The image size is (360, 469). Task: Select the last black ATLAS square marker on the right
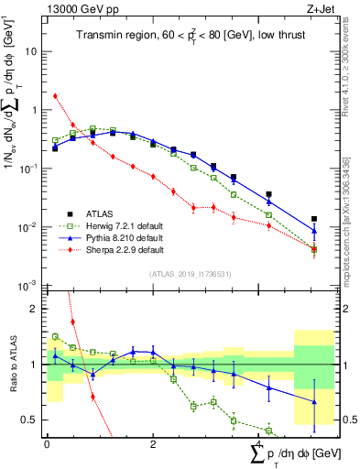point(314,219)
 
